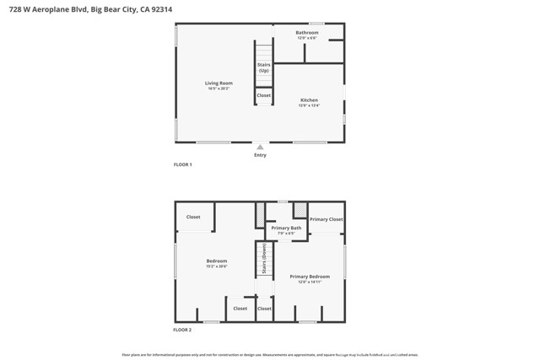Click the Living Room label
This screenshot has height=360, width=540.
pyautogui.click(x=219, y=83)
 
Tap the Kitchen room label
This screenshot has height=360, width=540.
pyautogui.click(x=309, y=100)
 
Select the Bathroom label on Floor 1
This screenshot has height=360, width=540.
pyautogui.click(x=307, y=33)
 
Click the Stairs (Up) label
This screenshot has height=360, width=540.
pyautogui.click(x=264, y=67)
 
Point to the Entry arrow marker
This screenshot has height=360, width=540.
pyautogui.click(x=260, y=148)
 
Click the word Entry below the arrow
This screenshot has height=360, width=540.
pyautogui.click(x=260, y=155)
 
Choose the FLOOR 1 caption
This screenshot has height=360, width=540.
pyautogui.click(x=183, y=164)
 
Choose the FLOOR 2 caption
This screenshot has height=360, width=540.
pyautogui.click(x=183, y=330)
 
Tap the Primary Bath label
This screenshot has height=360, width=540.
pyautogui.click(x=286, y=228)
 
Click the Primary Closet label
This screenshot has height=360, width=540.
pyautogui.click(x=326, y=219)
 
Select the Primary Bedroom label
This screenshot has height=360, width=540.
pyautogui.click(x=310, y=277)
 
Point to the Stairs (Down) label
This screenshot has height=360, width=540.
pyautogui.click(x=264, y=260)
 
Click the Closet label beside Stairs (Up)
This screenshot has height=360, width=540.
pyautogui.click(x=264, y=95)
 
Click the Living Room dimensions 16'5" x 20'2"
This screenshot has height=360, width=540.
pyautogui.click(x=219, y=89)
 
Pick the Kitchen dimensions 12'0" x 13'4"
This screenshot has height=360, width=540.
pyautogui.click(x=309, y=105)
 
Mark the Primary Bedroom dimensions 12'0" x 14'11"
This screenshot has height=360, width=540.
pyautogui.click(x=310, y=282)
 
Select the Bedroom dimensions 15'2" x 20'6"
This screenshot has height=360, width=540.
pyautogui.click(x=217, y=266)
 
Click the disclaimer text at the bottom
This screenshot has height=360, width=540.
pyautogui.click(x=269, y=355)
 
